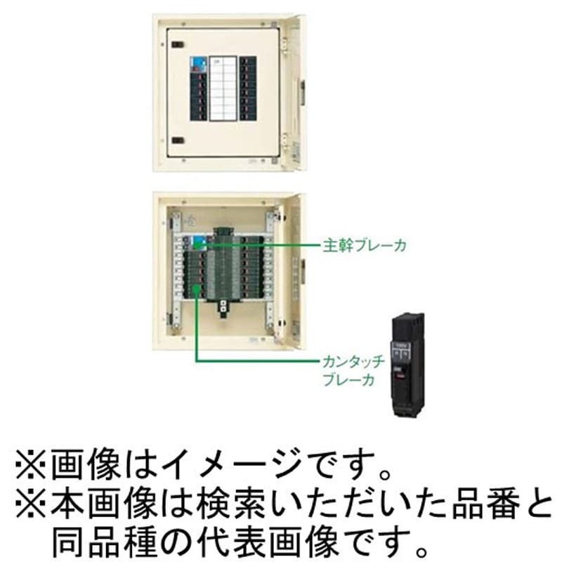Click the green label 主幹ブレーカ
pyautogui.click(x=365, y=245)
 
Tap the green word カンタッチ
pyautogui.click(x=353, y=362)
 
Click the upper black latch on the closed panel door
pyautogui.click(x=178, y=45)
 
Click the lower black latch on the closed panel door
pyautogui.click(x=178, y=140)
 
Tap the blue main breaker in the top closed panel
pyautogui.click(x=198, y=65)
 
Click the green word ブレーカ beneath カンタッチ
pyautogui.click(x=348, y=380)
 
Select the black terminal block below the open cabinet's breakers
pyautogui.click(x=223, y=309)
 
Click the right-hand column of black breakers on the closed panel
pyautogui.click(x=248, y=89)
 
